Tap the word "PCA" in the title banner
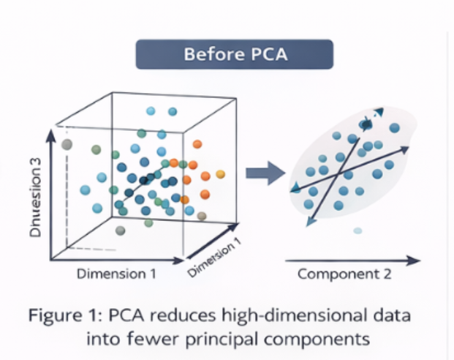point(265,55)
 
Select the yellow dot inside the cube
point(220,174)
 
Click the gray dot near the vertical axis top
point(67,143)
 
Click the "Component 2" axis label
point(344,275)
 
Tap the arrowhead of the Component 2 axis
point(416,259)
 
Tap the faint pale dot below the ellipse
point(357,230)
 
